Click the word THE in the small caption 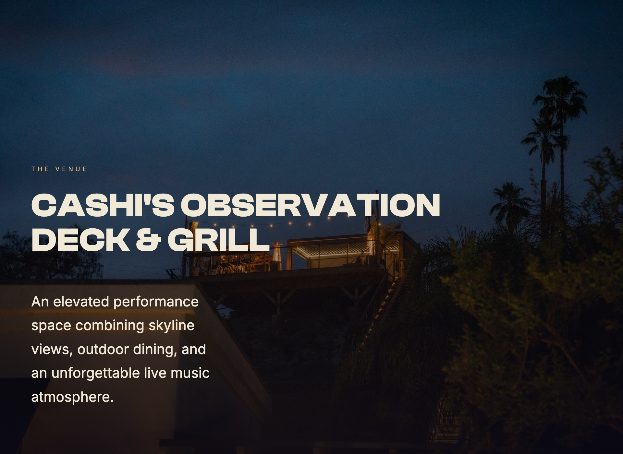coord(40,169)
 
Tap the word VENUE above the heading coord(71,169)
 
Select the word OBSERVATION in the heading coord(310,205)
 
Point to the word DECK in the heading coord(81,240)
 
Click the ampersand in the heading coord(148,240)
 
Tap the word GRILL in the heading coord(218,240)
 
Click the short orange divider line coord(42,274)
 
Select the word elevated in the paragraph coord(81,302)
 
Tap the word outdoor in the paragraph coord(103,349)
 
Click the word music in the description coord(190,373)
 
